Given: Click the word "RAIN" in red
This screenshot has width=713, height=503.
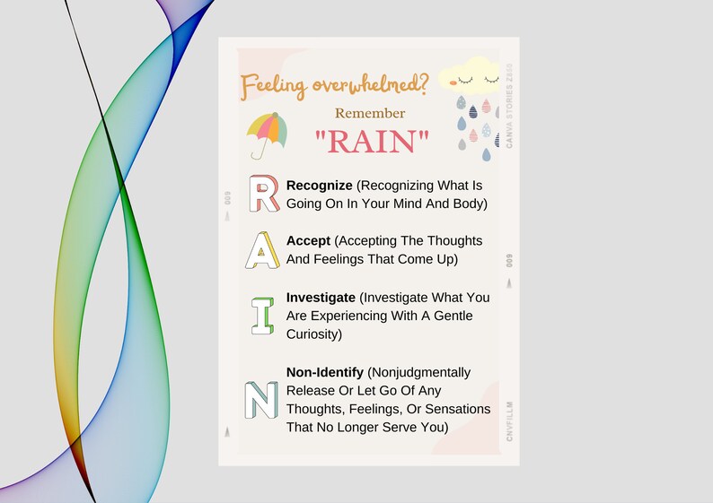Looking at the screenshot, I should [371, 141].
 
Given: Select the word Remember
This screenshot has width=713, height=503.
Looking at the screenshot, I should [370, 114].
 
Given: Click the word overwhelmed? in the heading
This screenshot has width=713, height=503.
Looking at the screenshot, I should [370, 85].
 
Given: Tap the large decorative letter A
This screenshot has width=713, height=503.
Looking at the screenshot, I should [261, 250].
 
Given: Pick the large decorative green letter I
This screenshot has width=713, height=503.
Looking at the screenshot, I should [262, 316].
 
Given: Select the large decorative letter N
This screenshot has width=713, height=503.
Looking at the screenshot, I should [261, 400].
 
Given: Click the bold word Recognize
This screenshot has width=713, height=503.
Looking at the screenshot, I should [319, 185].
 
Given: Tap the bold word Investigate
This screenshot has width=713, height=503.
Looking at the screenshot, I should [321, 297].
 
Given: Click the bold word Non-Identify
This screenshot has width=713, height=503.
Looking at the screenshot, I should [325, 371].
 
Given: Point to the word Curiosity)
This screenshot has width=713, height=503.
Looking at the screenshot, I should [314, 334].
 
